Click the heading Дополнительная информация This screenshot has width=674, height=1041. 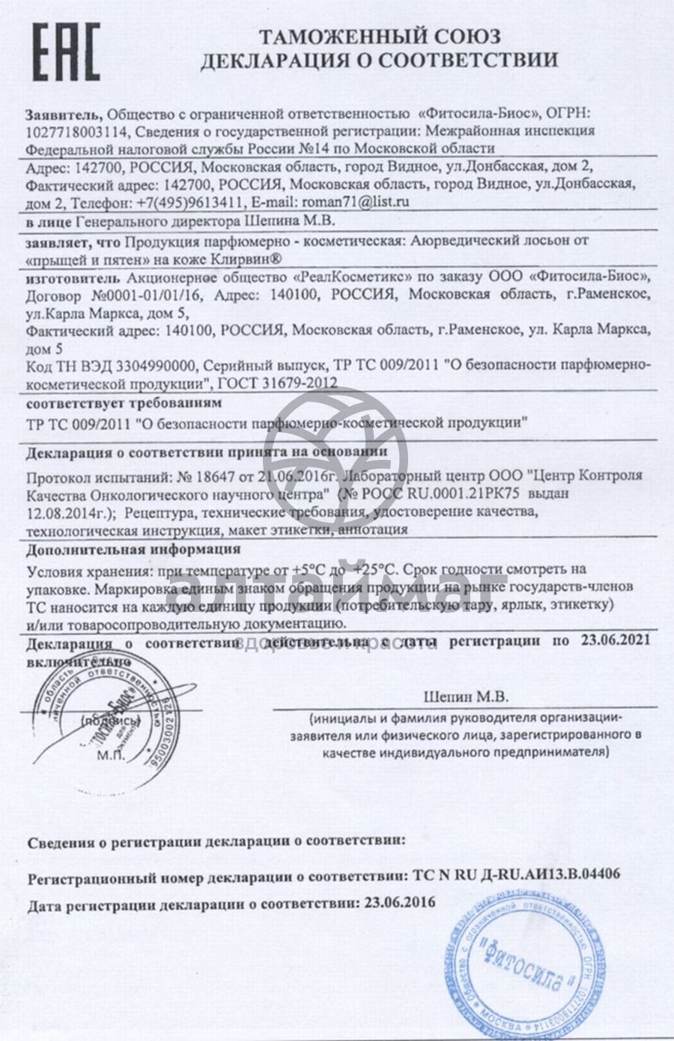click(x=118, y=549)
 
